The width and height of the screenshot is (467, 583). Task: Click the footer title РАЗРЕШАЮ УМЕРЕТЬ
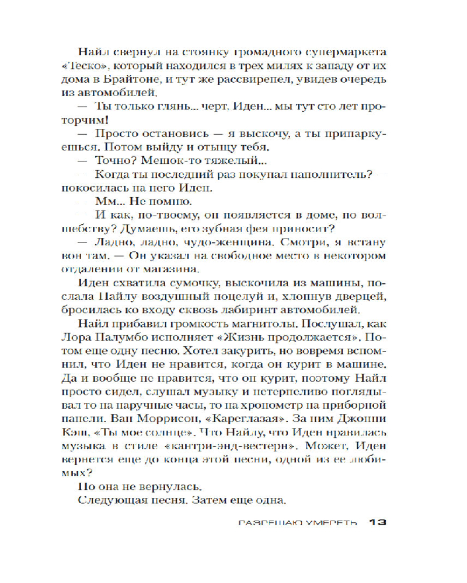click(298, 524)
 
